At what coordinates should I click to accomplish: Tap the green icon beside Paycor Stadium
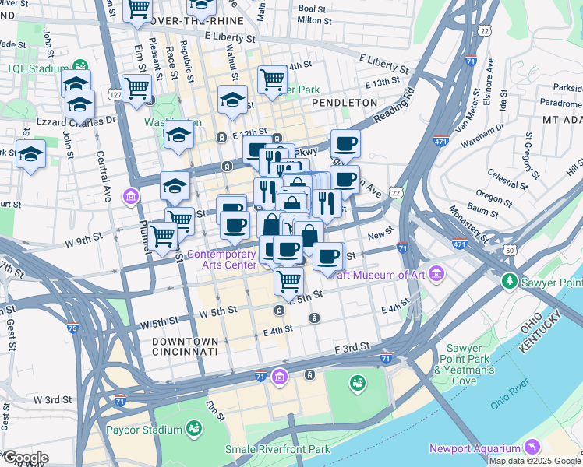tap(194, 428)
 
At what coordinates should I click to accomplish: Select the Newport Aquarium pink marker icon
tap(532, 447)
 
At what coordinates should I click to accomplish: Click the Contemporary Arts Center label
tap(221, 259)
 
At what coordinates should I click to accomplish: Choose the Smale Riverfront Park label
tap(277, 449)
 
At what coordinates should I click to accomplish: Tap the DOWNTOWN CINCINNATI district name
tap(185, 346)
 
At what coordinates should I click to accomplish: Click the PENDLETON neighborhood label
tap(344, 102)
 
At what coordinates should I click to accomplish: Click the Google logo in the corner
tap(25, 458)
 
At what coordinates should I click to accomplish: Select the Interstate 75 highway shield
tap(72, 328)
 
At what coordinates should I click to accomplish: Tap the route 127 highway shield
tap(115, 95)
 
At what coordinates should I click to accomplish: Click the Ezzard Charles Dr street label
tap(77, 121)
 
